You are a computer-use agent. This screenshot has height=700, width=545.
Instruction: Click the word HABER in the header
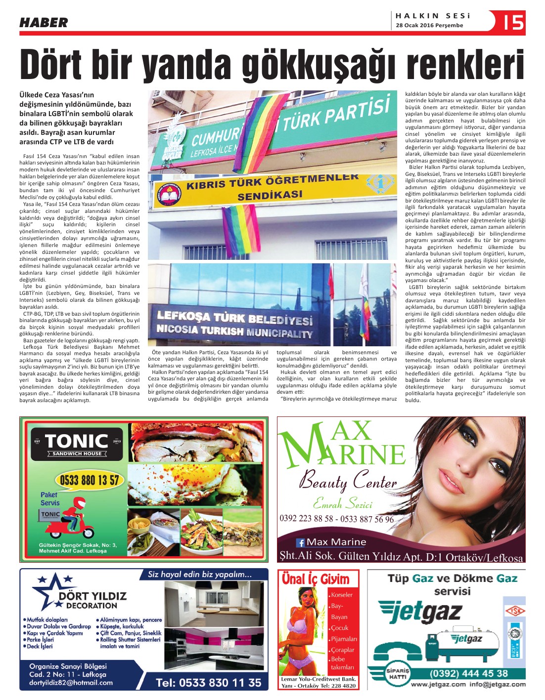[x=44, y=23]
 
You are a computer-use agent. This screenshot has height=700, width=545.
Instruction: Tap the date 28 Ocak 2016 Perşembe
[x=429, y=25]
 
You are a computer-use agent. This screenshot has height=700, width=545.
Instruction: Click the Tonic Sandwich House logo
[x=77, y=443]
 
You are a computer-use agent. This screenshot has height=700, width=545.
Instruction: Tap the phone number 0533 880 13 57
[x=90, y=480]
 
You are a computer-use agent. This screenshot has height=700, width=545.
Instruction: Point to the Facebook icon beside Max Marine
[x=300, y=542]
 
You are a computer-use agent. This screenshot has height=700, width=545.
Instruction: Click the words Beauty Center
[x=348, y=480]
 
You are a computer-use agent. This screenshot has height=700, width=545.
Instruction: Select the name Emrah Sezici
[x=342, y=504]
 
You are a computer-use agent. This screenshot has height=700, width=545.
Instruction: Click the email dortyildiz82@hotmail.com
[x=71, y=683]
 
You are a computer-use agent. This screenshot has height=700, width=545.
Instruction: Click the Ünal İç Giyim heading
[x=316, y=579]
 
